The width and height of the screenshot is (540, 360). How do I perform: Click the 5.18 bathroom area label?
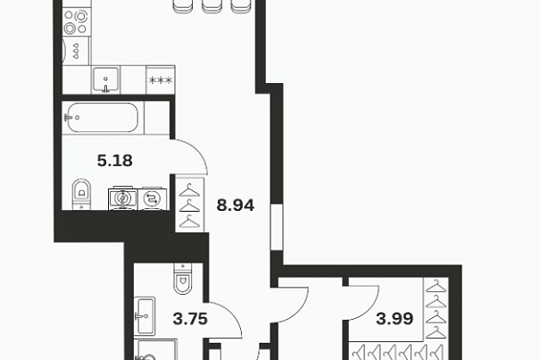114,161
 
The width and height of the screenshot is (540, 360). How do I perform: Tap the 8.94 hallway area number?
236,205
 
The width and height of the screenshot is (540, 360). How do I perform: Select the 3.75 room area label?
190,319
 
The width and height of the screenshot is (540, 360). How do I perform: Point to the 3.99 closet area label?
395,319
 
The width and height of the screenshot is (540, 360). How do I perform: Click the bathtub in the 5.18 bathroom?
103,117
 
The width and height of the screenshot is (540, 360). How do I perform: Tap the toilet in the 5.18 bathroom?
81,194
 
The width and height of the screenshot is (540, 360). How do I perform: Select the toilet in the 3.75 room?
182,279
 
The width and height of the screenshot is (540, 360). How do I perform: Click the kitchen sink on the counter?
105,80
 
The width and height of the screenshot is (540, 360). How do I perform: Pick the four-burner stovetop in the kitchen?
76,21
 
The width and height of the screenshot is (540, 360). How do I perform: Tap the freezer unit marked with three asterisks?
161,80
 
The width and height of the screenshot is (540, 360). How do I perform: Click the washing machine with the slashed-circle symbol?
122,198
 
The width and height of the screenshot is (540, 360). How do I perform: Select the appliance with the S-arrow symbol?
153,198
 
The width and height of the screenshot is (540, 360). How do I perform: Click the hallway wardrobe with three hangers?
190,205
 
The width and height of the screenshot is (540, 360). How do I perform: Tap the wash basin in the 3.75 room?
145,316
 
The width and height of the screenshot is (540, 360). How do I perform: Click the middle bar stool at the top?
212,6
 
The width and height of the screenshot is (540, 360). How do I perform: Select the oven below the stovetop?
76,50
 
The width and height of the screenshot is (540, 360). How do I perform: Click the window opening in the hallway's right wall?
277,227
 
